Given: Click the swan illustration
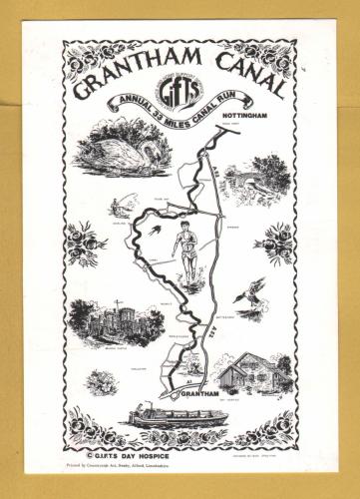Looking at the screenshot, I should click(113, 150).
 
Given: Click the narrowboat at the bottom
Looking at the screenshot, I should click(180, 414).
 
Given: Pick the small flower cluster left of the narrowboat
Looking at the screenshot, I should click(103, 381).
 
